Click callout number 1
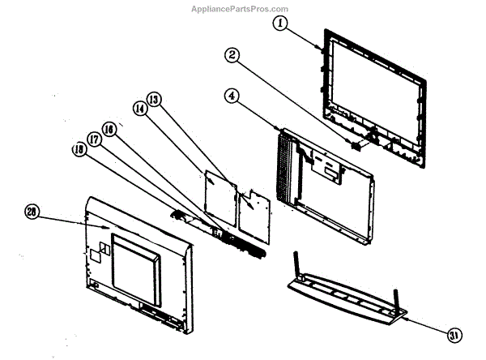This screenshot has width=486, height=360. (x=280, y=24)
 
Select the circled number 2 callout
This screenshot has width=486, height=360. (x=232, y=55)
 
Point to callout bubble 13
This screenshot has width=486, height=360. (x=153, y=100)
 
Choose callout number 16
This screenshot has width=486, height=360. (x=109, y=129)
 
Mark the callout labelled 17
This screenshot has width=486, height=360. (x=95, y=139)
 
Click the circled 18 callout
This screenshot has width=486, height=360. (x=80, y=150)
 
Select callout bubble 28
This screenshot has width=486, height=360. (x=32, y=212)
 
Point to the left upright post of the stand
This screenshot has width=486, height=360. (x=296, y=265)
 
